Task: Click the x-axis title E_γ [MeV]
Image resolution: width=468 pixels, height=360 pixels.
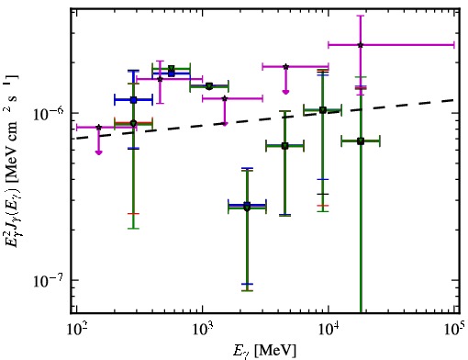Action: pos(264,351)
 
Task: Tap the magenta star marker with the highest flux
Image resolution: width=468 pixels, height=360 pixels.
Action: pos(361,45)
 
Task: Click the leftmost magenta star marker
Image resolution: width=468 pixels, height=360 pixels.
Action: pos(98,127)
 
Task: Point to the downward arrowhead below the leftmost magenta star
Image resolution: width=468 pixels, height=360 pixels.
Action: pos(98,152)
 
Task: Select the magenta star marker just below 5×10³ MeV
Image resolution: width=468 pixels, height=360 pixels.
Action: pos(285,66)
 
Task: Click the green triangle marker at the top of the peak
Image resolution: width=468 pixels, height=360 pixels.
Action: pos(172,68)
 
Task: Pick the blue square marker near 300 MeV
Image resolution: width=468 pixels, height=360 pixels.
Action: pos(133,100)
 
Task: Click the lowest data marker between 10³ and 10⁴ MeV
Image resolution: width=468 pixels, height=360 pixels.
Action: pos(247,207)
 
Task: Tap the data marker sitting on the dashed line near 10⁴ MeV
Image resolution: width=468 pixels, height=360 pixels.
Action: pos(323,110)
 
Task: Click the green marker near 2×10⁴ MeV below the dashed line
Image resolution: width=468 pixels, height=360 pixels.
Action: pos(361,141)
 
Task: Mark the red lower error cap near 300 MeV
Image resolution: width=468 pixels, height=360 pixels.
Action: pos(133,213)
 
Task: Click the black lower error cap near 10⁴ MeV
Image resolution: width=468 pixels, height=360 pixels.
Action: pos(323,194)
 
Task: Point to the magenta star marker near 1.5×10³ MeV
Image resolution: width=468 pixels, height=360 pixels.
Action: pos(225,98)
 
